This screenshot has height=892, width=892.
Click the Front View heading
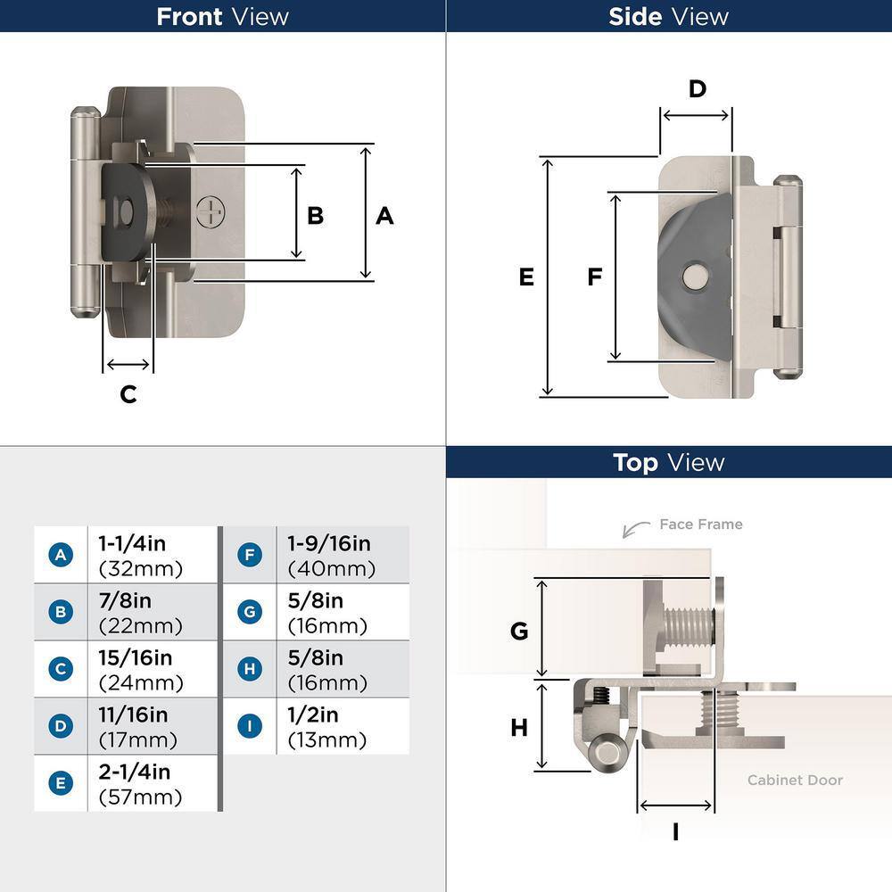coord(222,16)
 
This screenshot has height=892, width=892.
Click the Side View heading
coord(668,16)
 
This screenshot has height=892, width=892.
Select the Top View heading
coord(668,462)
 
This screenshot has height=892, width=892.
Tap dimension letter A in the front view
coord(384,216)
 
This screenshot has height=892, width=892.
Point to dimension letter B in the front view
coord(315,216)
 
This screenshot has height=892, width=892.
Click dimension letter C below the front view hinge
coord(128,394)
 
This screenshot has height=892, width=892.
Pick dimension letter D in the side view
coord(698,88)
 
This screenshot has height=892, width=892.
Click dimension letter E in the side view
coord(526,277)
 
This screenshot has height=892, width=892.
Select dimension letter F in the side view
coord(595,277)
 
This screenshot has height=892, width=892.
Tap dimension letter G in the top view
coord(519,632)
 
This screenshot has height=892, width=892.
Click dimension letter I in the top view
coord(675,832)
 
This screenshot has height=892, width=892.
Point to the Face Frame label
coord(700,524)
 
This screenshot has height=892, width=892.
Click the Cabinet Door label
coord(794,780)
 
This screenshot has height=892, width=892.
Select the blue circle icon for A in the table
coord(61,555)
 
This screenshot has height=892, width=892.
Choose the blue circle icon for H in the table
coord(250,669)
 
